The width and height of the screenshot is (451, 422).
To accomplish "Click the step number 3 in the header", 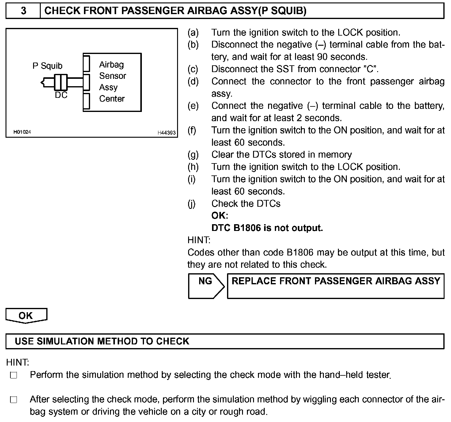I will coord(23,11).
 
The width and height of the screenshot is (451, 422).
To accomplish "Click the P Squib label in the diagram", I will coord(47,66).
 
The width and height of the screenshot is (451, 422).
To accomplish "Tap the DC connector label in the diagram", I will coord(61,95).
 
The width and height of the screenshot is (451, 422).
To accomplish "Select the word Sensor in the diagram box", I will coord(112,76).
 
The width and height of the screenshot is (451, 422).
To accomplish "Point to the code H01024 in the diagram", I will coord(22,132).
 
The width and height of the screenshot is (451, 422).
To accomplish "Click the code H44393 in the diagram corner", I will coord(166,132).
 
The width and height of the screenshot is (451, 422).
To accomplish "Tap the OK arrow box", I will coord(26,316).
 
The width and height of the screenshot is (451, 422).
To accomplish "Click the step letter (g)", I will coord(193,155).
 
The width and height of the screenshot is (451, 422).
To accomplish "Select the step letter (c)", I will coord(193,69).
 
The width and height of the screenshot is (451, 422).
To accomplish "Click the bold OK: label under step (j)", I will coord(220,216).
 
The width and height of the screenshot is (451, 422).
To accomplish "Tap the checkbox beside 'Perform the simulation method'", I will coord(13,375).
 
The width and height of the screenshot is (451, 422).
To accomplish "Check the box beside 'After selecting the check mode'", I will coord(13,400).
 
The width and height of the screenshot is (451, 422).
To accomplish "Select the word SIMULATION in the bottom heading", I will coord(65,341).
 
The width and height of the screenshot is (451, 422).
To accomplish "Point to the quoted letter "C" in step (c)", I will coord(370,69).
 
